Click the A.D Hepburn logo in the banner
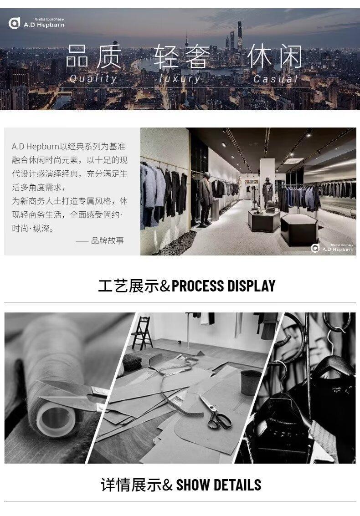[x=36, y=23]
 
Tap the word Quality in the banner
[x=93, y=79]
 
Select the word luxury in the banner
[x=180, y=79]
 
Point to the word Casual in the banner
[x=276, y=79]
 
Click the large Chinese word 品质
[x=93, y=57]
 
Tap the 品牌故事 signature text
[x=108, y=240]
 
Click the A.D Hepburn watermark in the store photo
[x=332, y=248]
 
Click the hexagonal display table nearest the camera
[x=299, y=229]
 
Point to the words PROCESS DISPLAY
[x=223, y=286]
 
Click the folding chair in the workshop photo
[x=143, y=333]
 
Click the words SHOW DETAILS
[x=218, y=485]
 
